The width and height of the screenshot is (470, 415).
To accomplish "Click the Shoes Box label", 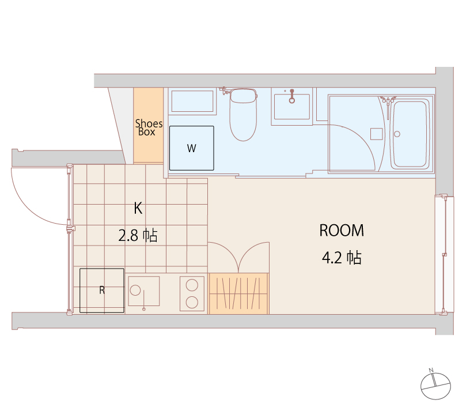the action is tap(149, 127).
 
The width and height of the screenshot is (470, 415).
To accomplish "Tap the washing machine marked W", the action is tap(192, 148).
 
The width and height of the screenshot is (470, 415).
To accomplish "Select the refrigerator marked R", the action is tap(102, 290).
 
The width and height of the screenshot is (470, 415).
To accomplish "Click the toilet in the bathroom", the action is tap(243, 115).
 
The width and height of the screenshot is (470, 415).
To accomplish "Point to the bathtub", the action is tap(410, 134).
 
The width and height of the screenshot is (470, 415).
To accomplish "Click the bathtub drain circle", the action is tap(397, 134).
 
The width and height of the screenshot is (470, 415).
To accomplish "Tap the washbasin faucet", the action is tap(292, 96).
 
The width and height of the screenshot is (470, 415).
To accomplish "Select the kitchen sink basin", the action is tap(144, 291).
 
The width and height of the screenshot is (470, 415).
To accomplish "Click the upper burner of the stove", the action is tap(192, 285).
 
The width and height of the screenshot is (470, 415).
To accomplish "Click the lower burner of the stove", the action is tap(192, 303).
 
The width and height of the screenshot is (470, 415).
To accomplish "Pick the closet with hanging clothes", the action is tap(238, 293).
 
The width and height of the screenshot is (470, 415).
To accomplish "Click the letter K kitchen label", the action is tap(138, 208).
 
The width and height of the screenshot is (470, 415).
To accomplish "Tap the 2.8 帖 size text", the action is tap(138, 235).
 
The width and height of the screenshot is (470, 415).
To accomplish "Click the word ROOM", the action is tap(342, 231).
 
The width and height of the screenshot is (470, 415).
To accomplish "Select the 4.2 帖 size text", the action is tap(342, 258).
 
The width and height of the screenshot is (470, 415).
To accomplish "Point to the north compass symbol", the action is tap(435, 385).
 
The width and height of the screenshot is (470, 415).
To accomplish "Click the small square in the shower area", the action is tap(377, 134).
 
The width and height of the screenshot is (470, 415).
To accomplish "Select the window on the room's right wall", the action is tap(444, 255).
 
